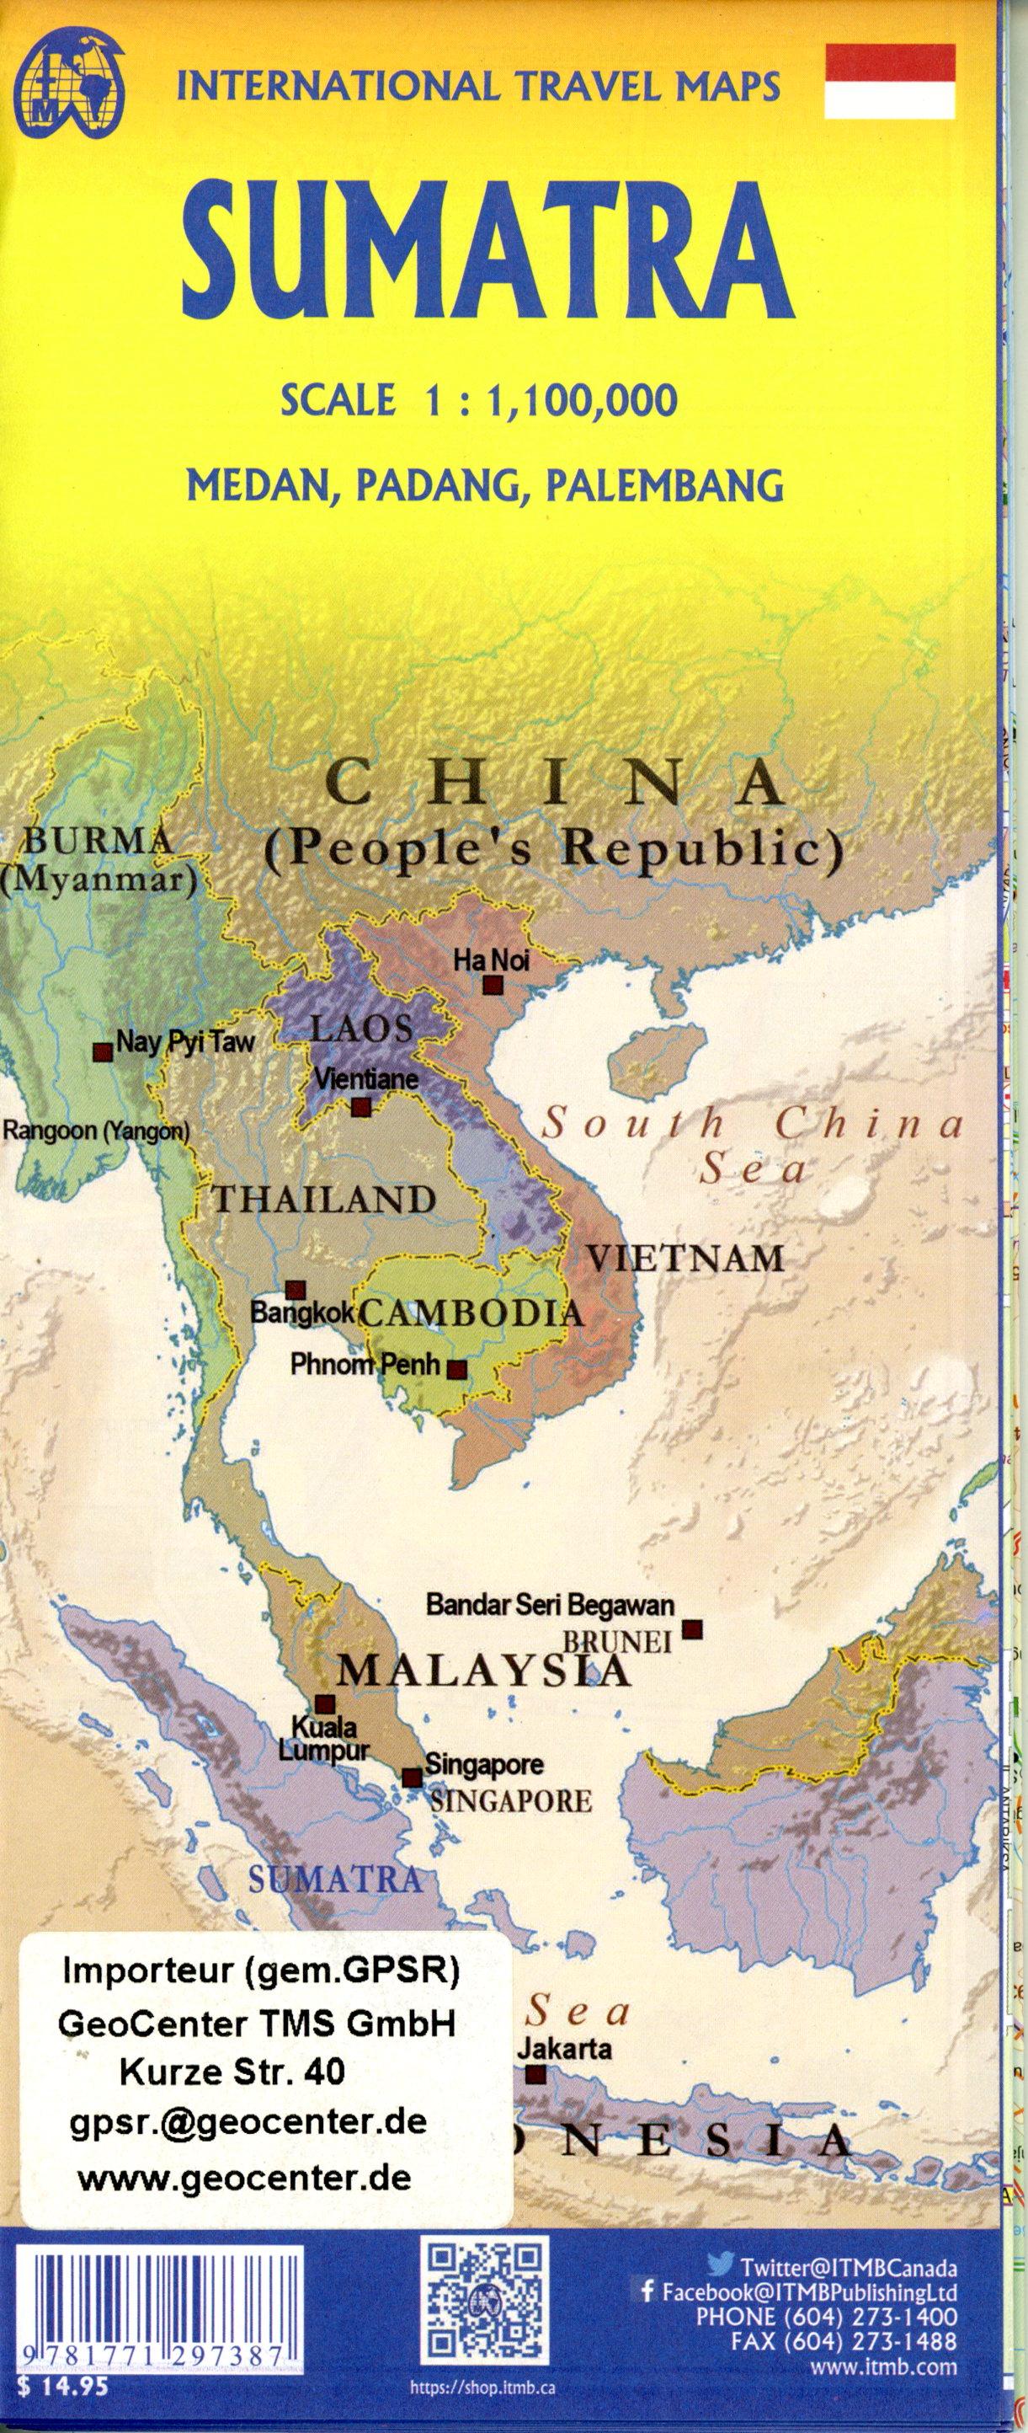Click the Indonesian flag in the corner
[x=891, y=80]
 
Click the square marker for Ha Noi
[x=492, y=986]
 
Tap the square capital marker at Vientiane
[x=360, y=1107]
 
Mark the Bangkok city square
[x=296, y=1290]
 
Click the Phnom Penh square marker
[x=456, y=1370]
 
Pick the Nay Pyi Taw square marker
[x=103, y=1052]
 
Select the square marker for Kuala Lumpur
[x=325, y=1705]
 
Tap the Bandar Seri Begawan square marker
[x=693, y=1629]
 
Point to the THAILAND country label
[x=325, y=1200]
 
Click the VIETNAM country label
[x=685, y=1258]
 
